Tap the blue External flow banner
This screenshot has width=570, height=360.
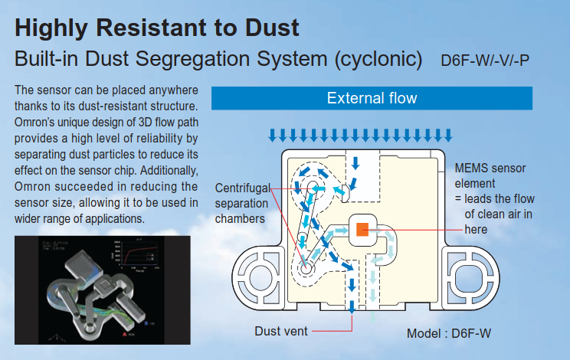(x=372, y=98)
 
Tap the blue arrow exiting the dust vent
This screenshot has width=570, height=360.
(x=352, y=304)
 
